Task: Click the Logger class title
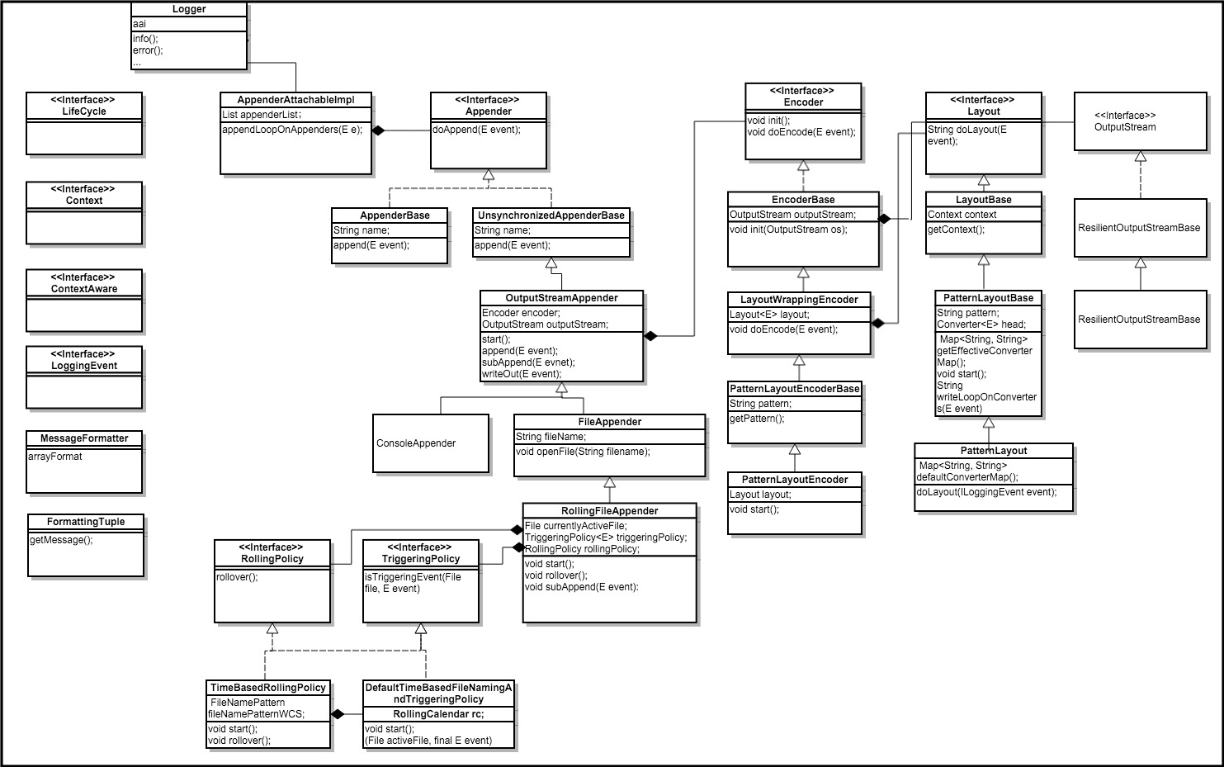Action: [x=189, y=9]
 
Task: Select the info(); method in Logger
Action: [x=145, y=39]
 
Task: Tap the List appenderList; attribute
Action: [x=261, y=115]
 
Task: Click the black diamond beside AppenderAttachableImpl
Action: [x=378, y=130]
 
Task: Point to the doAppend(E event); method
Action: [x=476, y=130]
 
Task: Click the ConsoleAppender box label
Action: [x=416, y=443]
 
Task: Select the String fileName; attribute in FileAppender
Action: [x=551, y=437]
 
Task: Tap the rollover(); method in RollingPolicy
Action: [x=237, y=577]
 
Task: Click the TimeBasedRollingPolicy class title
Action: [x=267, y=688]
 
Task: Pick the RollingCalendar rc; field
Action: [x=438, y=714]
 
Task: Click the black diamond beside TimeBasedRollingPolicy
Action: [x=338, y=714]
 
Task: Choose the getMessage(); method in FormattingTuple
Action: [x=61, y=540]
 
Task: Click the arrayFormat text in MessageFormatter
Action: [x=55, y=457]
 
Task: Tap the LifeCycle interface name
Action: [x=84, y=111]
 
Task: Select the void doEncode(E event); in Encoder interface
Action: [x=801, y=132]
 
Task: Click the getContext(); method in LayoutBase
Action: [x=957, y=230]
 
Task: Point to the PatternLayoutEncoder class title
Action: [x=795, y=480]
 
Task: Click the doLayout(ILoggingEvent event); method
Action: [x=987, y=492]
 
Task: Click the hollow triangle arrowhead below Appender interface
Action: [x=489, y=175]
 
